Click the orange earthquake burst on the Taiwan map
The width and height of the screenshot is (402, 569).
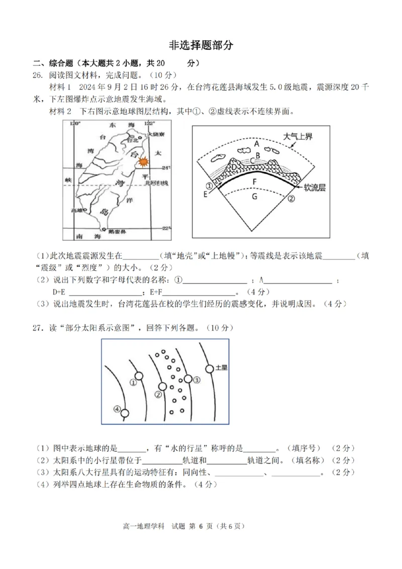[143, 162]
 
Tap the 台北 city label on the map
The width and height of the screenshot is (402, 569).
[132, 141]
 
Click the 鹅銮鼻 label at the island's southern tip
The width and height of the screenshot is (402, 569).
[116, 232]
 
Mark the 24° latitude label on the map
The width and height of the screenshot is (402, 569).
[167, 167]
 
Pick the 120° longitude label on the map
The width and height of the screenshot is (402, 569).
[75, 124]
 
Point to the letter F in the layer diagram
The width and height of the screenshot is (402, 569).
[254, 180]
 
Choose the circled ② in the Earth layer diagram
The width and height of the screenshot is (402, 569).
[290, 199]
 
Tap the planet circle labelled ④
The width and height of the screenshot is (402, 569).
[125, 413]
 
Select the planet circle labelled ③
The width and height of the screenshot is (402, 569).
[188, 379]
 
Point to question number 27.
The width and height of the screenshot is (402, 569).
[38, 327]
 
